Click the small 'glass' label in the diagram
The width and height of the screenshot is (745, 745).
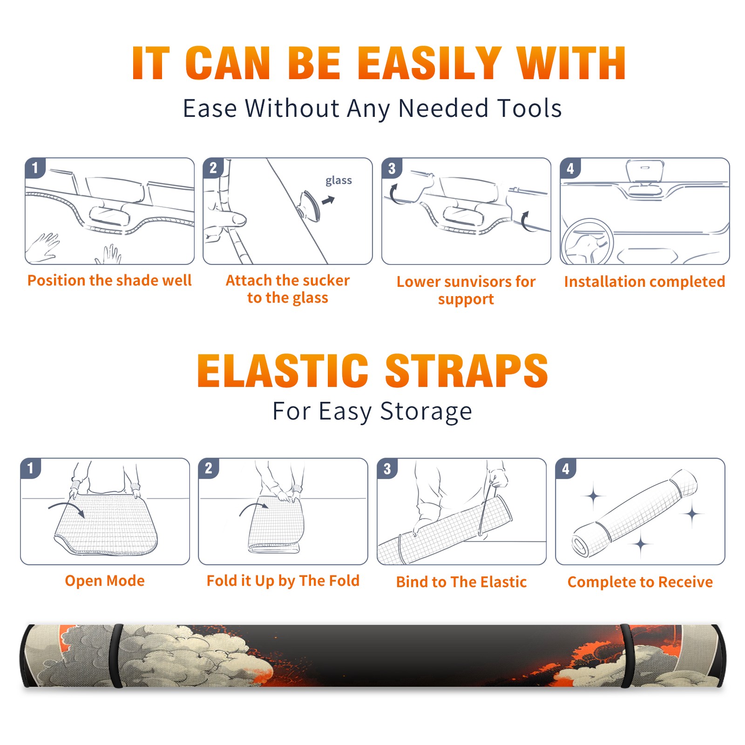(x=339, y=180)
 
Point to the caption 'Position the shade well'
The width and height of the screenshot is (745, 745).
(x=109, y=280)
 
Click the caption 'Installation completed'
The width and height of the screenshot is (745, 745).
(x=644, y=281)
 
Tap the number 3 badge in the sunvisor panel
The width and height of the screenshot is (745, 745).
(x=392, y=168)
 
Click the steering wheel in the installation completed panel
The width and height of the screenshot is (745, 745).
(x=587, y=242)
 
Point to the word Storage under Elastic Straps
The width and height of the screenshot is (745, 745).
(x=426, y=412)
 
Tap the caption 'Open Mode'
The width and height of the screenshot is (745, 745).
(x=105, y=581)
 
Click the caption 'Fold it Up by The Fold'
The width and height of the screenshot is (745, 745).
(x=283, y=581)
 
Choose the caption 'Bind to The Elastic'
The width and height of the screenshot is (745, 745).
(x=461, y=582)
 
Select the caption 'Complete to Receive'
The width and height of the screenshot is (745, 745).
(x=640, y=582)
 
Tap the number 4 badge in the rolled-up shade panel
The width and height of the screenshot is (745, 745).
(x=566, y=468)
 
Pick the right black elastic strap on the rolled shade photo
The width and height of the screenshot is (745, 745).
(x=627, y=656)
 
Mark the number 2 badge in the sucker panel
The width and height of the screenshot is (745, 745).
(x=213, y=168)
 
